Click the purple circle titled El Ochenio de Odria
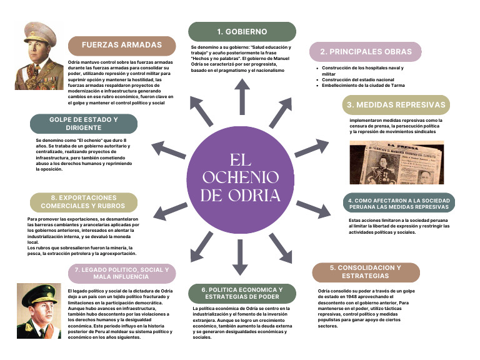tap(240, 180)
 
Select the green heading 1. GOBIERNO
tap(242, 31)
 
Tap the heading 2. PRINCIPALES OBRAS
tap(366, 52)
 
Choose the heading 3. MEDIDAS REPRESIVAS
tap(396, 105)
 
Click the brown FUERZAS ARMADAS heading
tap(122, 45)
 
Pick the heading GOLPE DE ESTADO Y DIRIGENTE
tap(84, 124)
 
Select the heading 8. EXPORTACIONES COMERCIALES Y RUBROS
tap(84, 202)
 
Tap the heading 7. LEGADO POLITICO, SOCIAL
tap(122, 273)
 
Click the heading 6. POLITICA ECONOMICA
tap(242, 293)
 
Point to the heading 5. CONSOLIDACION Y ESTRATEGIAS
tap(366, 272)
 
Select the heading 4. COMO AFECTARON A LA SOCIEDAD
tap(399, 204)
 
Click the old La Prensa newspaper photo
tap(397, 162)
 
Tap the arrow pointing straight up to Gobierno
tap(242, 97)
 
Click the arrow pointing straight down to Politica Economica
tap(240, 257)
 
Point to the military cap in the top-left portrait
tap(40, 33)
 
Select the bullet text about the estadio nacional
tap(358, 79)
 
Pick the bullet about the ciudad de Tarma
tap(363, 86)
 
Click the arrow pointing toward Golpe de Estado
tap(169, 149)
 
